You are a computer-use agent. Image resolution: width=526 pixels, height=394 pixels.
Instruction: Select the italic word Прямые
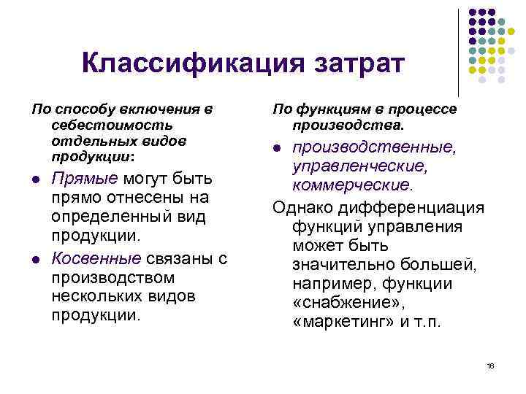[x=83, y=178]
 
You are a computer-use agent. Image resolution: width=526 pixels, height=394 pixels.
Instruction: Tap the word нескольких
[x=88, y=297]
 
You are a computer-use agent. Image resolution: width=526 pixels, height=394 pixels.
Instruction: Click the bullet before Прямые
[x=36, y=179]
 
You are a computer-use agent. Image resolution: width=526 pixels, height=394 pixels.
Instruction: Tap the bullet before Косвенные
[x=36, y=260]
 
